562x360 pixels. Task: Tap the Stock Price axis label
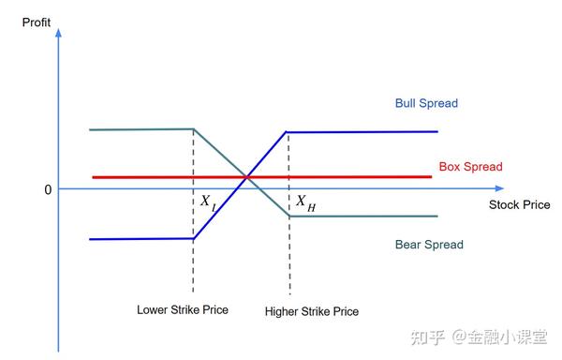pyautogui.click(x=520, y=204)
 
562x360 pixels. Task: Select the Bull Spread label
pyautogui.click(x=426, y=103)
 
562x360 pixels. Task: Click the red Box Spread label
pyautogui.click(x=470, y=167)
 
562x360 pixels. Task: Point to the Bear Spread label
pyautogui.click(x=429, y=245)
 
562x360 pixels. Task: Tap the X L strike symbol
pyautogui.click(x=207, y=202)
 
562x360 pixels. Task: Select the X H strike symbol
pyautogui.click(x=305, y=202)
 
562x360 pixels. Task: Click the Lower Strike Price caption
pyautogui.click(x=183, y=309)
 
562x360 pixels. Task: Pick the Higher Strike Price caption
pyautogui.click(x=312, y=311)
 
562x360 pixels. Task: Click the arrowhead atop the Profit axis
pyautogui.click(x=59, y=32)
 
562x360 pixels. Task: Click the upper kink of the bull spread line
pyautogui.click(x=288, y=131)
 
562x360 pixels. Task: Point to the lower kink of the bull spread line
pyautogui.click(x=193, y=238)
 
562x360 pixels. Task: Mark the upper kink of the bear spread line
pyautogui.click(x=193, y=129)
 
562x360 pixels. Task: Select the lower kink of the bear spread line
pyautogui.click(x=288, y=217)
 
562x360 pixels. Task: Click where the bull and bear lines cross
pyautogui.click(x=245, y=177)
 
